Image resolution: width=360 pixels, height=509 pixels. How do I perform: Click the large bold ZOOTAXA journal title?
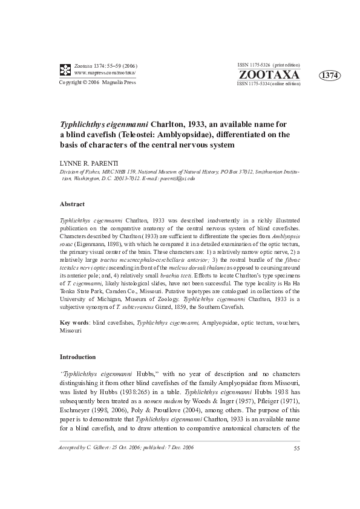[269, 74]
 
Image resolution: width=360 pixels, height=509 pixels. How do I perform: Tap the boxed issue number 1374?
[330, 75]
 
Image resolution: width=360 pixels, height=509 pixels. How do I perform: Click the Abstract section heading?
[72, 204]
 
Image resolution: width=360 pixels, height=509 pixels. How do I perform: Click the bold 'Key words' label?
[76, 323]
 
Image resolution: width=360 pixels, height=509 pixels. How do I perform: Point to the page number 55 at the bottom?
[296, 482]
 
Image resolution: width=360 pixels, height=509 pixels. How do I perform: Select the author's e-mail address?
[172, 178]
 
